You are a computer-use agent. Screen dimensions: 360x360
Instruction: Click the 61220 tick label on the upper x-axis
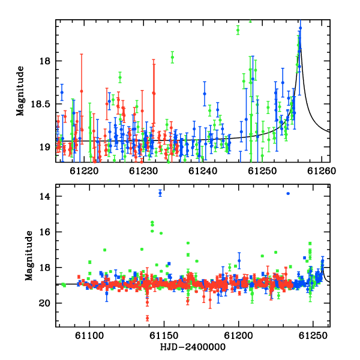84,171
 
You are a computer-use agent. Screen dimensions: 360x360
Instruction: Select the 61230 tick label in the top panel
143,171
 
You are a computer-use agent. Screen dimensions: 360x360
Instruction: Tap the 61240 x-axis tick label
203,171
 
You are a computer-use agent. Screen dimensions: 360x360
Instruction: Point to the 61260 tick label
322,171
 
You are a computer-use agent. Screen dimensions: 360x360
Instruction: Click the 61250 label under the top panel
262,171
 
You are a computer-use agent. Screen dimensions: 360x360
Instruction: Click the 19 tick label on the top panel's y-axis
45,147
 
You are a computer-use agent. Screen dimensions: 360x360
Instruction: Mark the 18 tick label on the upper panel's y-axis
45,61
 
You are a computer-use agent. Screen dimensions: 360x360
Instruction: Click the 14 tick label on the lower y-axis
45,196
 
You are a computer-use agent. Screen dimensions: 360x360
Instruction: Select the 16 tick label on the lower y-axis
45,232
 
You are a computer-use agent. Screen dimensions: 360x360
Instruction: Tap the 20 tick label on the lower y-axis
45,303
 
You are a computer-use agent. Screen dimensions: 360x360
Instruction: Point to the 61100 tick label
89,336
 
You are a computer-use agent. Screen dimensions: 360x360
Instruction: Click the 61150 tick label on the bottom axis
164,336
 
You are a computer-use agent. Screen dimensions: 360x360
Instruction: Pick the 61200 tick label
239,336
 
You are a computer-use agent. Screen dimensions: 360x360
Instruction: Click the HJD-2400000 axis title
193,347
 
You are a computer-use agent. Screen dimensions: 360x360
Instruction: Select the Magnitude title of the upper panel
20,91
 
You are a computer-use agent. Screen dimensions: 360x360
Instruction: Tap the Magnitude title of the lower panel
29,256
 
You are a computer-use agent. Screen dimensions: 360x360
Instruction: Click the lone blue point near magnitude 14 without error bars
288,194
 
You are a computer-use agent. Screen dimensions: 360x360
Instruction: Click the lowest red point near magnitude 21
147,318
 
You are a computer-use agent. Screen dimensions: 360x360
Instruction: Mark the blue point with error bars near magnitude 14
160,193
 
